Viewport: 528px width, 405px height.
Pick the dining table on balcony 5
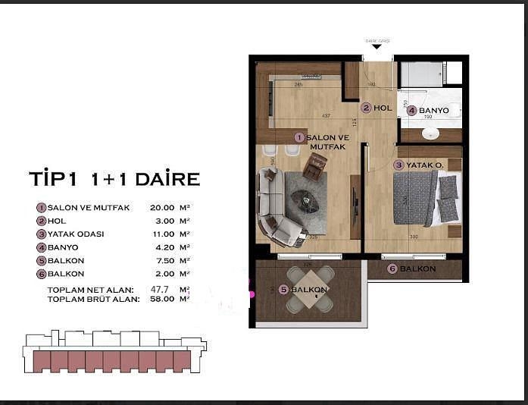(x=309, y=290)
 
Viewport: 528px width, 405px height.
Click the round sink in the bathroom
(x=430, y=133)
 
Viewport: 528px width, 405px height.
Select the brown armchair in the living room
(x=314, y=165)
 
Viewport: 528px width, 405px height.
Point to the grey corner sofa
(x=273, y=209)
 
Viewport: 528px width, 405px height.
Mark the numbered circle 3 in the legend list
(x=41, y=234)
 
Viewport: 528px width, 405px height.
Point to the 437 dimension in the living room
(x=326, y=116)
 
